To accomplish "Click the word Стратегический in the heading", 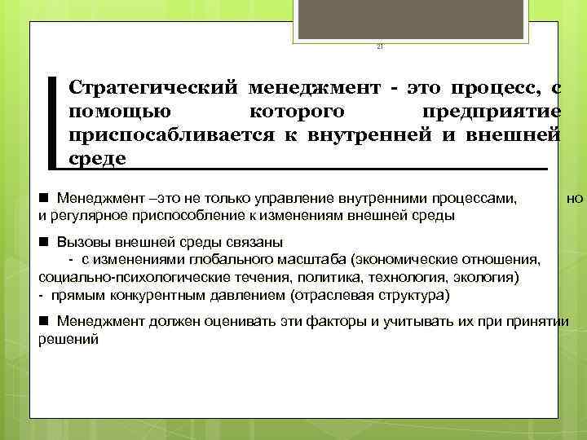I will coord(152,87).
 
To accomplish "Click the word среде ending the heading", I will coord(98,158).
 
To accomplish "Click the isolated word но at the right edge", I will coord(575,197).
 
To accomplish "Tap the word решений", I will coord(68,339).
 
